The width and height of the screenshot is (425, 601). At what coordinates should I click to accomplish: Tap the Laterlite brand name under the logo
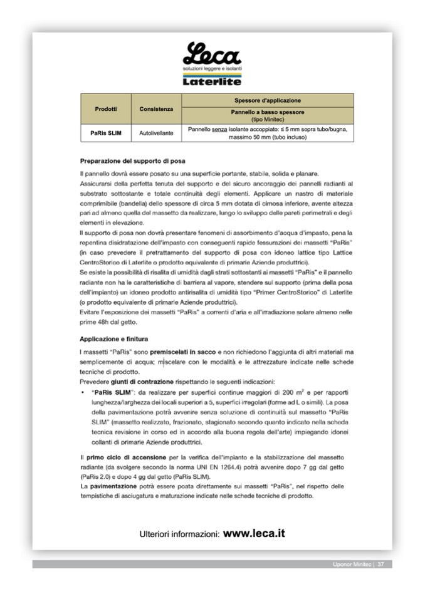point(212,81)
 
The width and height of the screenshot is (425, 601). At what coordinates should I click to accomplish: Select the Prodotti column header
point(105,109)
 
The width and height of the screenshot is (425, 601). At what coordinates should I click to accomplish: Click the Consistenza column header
point(156,109)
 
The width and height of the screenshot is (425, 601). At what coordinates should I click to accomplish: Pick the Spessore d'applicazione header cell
point(268,100)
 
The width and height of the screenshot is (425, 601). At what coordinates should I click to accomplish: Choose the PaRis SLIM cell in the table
point(105,133)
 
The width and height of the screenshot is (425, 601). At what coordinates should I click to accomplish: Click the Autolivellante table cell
point(156,133)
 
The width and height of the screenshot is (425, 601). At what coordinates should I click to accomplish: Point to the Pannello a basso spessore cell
point(268,115)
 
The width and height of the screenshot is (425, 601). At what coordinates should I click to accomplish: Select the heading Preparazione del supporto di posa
point(132,161)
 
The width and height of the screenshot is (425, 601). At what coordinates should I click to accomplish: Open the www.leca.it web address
point(254,534)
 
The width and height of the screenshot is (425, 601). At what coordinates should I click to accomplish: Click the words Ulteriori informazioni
point(179,535)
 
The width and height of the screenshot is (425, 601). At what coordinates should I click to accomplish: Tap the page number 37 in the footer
point(380,565)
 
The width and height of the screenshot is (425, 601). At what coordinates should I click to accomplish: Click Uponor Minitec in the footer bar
point(352,565)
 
